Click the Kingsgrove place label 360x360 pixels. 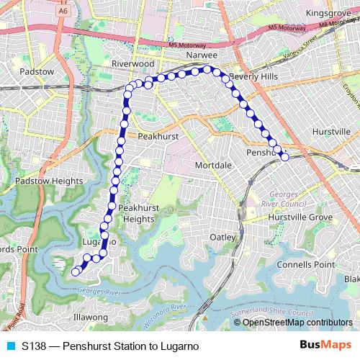pyautogui.click(x=328, y=13)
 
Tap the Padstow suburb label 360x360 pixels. pyautogui.click(x=37, y=72)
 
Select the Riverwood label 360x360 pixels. pyautogui.click(x=133, y=64)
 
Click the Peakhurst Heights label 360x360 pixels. pyautogui.click(x=138, y=213)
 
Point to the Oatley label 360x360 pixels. pyautogui.click(x=222, y=237)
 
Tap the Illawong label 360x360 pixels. pyautogui.click(x=91, y=317)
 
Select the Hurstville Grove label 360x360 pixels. pyautogui.click(x=300, y=217)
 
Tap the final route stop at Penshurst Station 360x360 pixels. pyautogui.click(x=284, y=156)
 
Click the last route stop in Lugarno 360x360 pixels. pyautogui.click(x=75, y=271)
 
